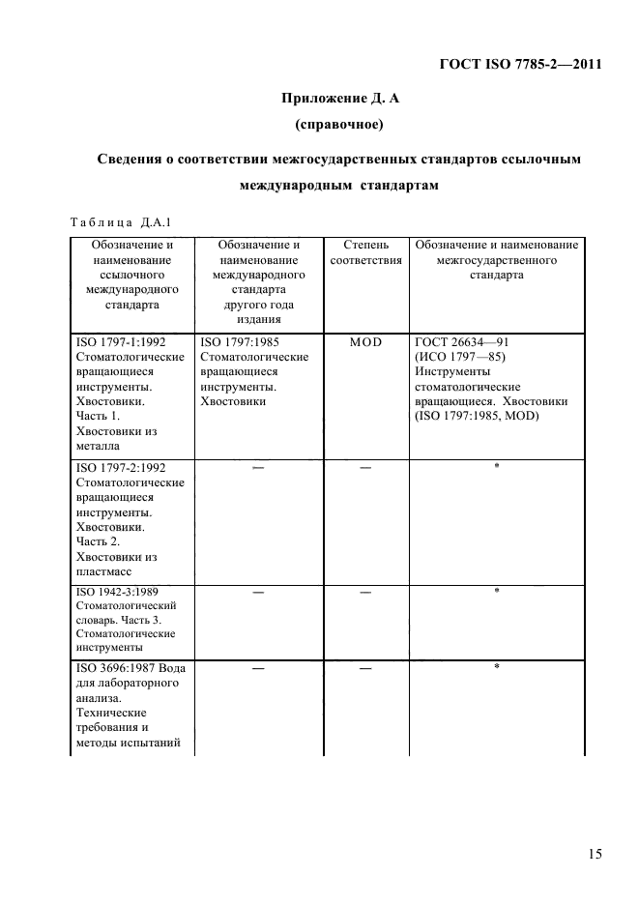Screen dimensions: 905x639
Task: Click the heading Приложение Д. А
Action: pos(334,97)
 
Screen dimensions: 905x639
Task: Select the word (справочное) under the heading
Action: pos(334,124)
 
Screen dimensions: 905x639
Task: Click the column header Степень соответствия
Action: pos(365,252)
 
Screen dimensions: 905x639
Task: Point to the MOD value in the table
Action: pos(365,342)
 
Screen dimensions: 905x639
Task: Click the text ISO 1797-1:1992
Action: pos(118,342)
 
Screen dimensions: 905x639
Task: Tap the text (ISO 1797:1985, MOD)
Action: pos(477,416)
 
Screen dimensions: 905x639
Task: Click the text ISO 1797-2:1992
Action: pos(118,467)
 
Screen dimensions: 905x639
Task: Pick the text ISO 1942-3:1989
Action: pos(114,592)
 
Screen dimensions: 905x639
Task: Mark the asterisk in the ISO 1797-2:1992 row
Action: pos(496,466)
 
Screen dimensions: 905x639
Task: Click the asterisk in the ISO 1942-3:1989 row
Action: pos(496,591)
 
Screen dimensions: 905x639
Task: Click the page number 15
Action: pos(594,854)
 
